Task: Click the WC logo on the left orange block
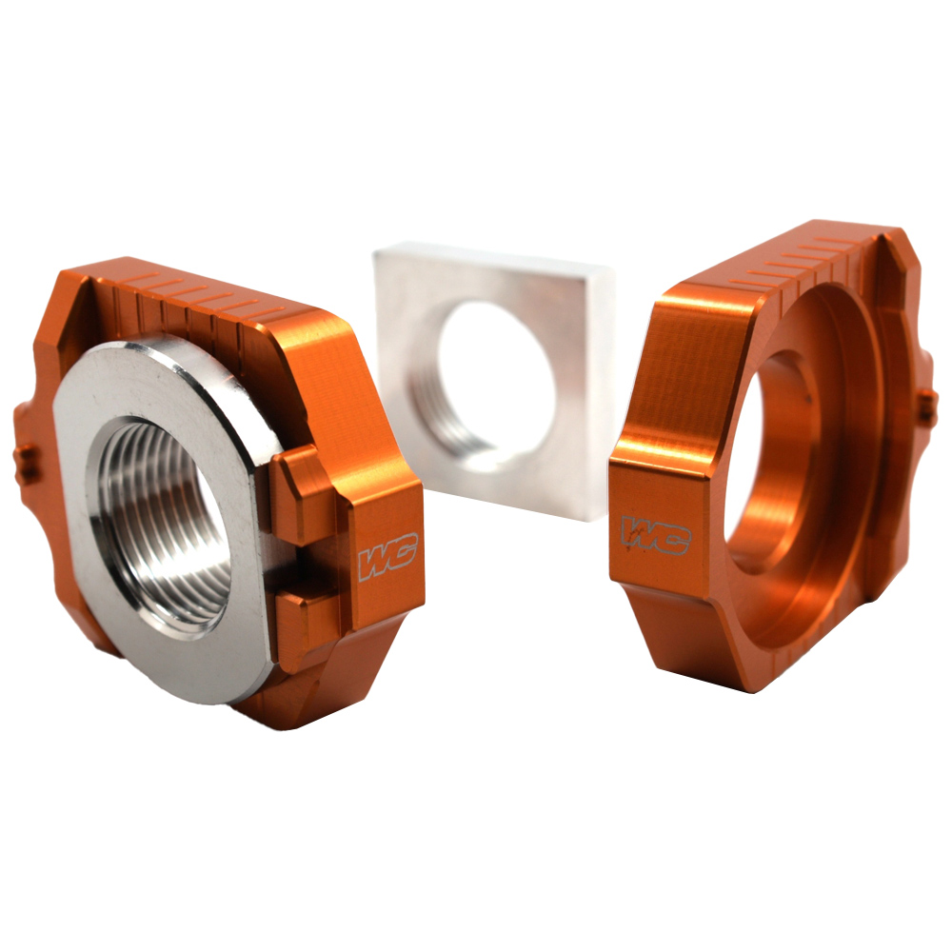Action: click(x=387, y=561)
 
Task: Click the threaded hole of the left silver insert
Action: click(x=167, y=533)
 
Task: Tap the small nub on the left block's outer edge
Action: click(x=28, y=462)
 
